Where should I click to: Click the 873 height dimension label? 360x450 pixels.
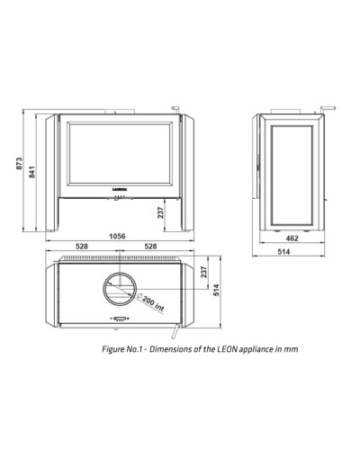pyautogui.click(x=19, y=164)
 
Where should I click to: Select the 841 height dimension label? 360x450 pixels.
pyautogui.click(x=32, y=172)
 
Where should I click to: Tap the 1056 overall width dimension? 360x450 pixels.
pyautogui.click(x=117, y=237)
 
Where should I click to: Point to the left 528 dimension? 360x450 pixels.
pyautogui.click(x=82, y=247)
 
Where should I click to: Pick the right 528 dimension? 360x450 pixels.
pyautogui.click(x=150, y=247)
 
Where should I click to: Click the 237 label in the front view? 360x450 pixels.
pyautogui.click(x=161, y=212)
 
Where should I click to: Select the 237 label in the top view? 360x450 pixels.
pyautogui.click(x=204, y=272)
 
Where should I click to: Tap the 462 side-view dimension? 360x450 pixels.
pyautogui.click(x=292, y=238)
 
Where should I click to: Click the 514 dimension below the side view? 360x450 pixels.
pyautogui.click(x=283, y=251)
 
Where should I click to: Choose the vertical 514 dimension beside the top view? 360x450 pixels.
pyautogui.click(x=216, y=290)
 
